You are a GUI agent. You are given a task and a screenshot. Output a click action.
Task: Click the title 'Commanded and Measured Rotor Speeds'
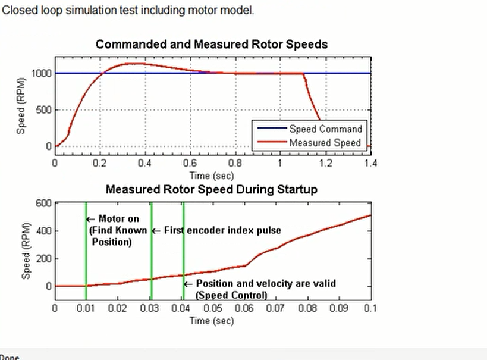pos(211,45)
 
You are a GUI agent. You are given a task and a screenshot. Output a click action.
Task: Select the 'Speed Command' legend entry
pos(325,129)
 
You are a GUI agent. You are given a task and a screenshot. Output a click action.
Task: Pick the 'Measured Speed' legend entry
pos(325,142)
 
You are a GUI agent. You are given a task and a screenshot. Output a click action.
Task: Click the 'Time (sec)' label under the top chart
pos(212,176)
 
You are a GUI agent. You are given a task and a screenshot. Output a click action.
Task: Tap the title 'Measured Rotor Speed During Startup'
pos(211,190)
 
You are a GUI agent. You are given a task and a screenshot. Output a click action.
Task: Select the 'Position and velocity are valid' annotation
pos(266,283)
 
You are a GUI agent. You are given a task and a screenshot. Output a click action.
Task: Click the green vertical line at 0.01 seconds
pos(86,250)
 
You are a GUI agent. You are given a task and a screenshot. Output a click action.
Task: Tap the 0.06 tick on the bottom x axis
pos(244,308)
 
